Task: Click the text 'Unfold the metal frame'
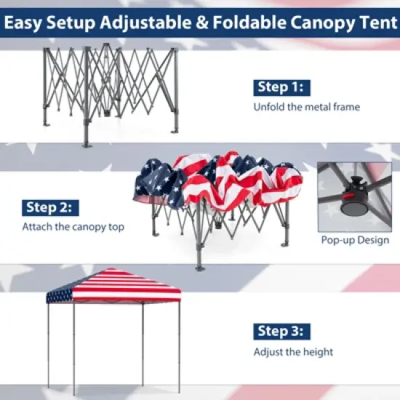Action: (306, 108)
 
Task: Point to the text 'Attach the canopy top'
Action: (73, 227)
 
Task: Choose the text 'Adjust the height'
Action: (293, 352)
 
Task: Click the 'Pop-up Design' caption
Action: (354, 240)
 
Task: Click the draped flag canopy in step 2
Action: (218, 182)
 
